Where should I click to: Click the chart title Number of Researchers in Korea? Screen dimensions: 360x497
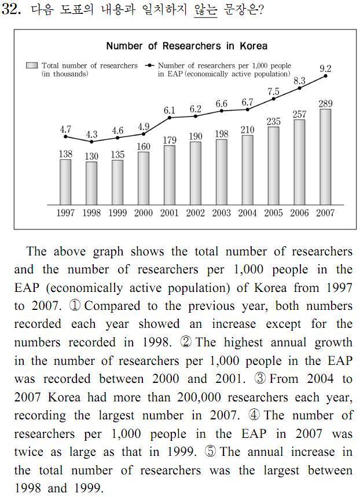click(187, 46)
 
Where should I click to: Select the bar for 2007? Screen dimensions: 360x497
click(325, 157)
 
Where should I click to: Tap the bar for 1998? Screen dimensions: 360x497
click(91, 183)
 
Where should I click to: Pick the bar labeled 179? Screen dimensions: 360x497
click(170, 176)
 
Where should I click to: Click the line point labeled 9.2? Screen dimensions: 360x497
click(325, 76)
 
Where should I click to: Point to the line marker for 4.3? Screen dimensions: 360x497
click(91, 142)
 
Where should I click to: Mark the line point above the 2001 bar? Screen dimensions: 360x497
click(170, 118)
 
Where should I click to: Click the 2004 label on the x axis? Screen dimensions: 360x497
click(247, 213)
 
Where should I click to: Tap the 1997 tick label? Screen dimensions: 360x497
click(65, 213)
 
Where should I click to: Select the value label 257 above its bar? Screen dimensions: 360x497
click(299, 114)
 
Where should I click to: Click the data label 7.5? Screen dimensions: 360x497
click(273, 92)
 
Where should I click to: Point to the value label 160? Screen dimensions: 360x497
click(144, 147)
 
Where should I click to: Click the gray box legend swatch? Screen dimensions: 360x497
click(32, 65)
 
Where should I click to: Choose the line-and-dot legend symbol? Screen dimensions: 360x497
click(149, 65)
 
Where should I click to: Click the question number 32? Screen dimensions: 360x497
click(12, 9)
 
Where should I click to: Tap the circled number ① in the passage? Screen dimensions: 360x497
click(75, 306)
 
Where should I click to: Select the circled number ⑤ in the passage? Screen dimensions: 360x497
click(210, 452)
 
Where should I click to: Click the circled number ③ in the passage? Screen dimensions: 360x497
click(260, 379)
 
